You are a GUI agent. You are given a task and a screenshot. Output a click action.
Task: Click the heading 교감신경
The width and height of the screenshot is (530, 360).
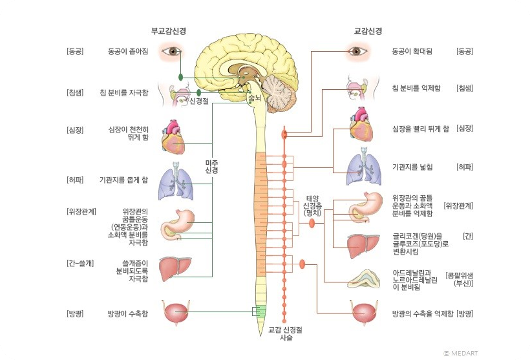point(368,30)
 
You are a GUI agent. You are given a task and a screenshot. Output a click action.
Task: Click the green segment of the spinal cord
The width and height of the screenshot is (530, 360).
point(260,312)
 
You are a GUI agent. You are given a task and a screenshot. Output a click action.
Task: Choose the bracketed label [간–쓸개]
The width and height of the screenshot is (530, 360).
point(80,263)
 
